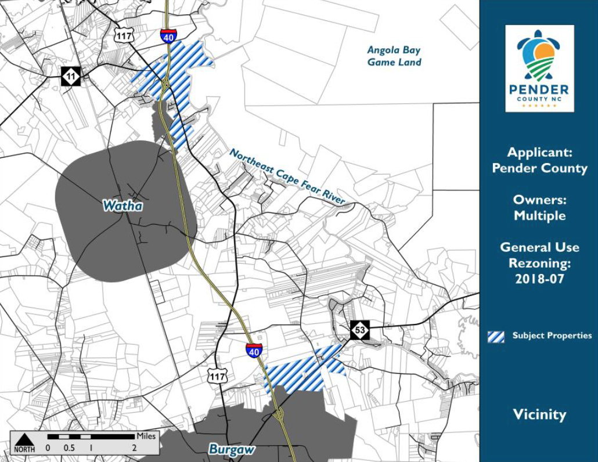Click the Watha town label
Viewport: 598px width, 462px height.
pyautogui.click(x=123, y=205)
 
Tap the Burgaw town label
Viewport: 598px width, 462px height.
pyautogui.click(x=232, y=449)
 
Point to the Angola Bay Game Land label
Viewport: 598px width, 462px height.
pyautogui.click(x=394, y=56)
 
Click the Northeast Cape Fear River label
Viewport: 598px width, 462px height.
pyautogui.click(x=287, y=176)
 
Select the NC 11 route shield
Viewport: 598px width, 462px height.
pyautogui.click(x=71, y=75)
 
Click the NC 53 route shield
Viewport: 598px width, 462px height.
pyautogui.click(x=360, y=330)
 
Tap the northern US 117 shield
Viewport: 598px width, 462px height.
pyautogui.click(x=124, y=35)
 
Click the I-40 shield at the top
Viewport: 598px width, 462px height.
pyautogui.click(x=168, y=36)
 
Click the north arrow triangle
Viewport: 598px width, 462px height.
pyautogui.click(x=24, y=439)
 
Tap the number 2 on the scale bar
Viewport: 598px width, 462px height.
pyautogui.click(x=134, y=447)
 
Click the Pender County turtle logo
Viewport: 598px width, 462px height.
pyautogui.click(x=539, y=55)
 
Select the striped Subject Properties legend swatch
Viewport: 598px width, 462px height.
pyautogui.click(x=496, y=336)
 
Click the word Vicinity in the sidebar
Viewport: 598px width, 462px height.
pyautogui.click(x=539, y=414)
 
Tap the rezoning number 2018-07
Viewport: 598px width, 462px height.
pyautogui.click(x=539, y=278)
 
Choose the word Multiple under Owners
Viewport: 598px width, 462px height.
pyautogui.click(x=539, y=215)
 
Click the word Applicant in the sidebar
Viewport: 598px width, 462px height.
pyautogui.click(x=539, y=153)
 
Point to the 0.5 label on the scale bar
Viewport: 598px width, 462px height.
pyautogui.click(x=69, y=447)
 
